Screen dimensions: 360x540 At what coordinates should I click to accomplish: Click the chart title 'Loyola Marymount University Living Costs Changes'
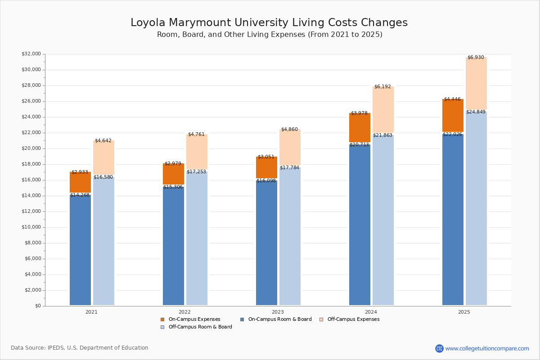click(x=269, y=23)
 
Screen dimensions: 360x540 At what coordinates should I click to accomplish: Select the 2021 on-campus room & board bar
click(x=80, y=250)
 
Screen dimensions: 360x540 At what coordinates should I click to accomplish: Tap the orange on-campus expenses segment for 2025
click(x=453, y=116)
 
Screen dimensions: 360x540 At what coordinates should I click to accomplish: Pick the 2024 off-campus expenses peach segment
click(x=383, y=109)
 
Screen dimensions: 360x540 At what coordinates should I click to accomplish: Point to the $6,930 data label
click(x=476, y=58)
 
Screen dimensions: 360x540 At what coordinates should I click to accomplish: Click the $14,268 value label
click(x=80, y=195)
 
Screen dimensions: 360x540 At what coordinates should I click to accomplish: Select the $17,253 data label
click(x=196, y=172)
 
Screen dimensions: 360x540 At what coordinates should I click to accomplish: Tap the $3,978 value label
click(x=359, y=113)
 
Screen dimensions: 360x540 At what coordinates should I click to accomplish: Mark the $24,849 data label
click(x=476, y=112)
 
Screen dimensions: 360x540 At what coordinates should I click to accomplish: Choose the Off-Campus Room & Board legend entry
click(x=200, y=327)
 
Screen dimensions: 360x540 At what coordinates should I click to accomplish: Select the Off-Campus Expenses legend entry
click(x=353, y=319)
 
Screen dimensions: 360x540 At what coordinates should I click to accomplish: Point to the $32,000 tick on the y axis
click(x=31, y=54)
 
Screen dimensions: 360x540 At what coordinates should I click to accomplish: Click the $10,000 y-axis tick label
click(x=31, y=227)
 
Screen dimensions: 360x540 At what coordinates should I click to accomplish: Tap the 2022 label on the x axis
click(x=184, y=312)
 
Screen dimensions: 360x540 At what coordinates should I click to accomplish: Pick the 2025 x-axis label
click(x=464, y=312)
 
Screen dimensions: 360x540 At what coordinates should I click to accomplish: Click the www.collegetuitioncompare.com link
click(x=487, y=349)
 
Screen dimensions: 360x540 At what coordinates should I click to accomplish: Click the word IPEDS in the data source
click(x=56, y=348)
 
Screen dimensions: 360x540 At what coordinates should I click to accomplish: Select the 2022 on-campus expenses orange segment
click(x=173, y=174)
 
